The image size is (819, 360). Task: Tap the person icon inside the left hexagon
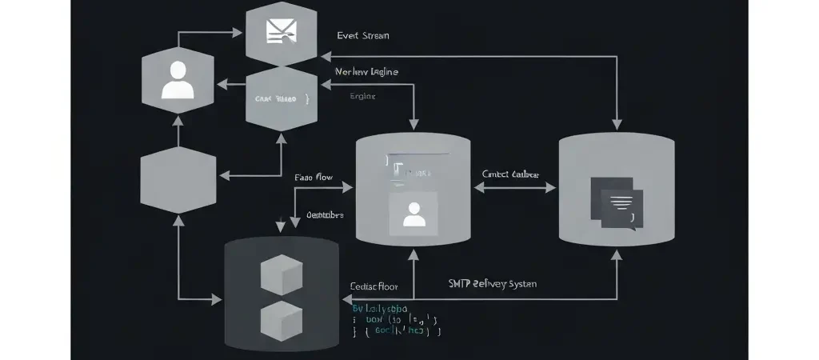(178, 81)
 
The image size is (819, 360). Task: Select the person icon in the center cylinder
(413, 214)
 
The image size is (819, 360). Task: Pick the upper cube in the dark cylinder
(282, 274)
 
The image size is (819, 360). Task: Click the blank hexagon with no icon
(178, 180)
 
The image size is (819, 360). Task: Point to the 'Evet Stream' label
(363, 36)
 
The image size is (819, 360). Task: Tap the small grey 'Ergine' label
(362, 96)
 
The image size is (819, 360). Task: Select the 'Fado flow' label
(314, 177)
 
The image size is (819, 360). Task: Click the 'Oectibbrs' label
(325, 214)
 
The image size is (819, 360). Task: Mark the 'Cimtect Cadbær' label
(510, 174)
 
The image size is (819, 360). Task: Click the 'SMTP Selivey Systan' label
(492, 283)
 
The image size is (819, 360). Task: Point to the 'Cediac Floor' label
(374, 286)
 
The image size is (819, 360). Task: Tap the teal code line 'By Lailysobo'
(380, 307)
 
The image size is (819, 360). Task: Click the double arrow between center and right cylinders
(515, 187)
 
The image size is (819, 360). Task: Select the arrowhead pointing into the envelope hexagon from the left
(238, 33)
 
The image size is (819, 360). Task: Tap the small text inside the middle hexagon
(275, 99)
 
